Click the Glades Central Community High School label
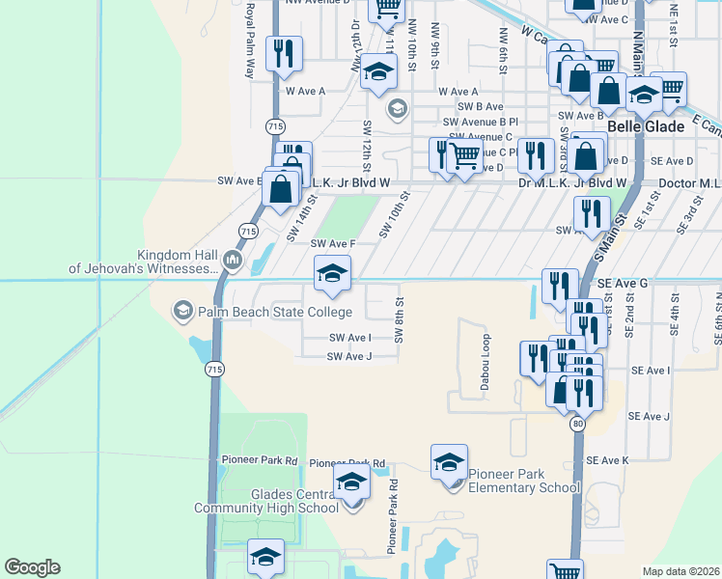click(x=265, y=502)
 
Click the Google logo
click(x=32, y=567)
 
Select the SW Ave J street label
click(x=349, y=357)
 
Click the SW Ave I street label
click(x=349, y=338)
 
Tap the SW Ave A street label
click(x=305, y=92)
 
